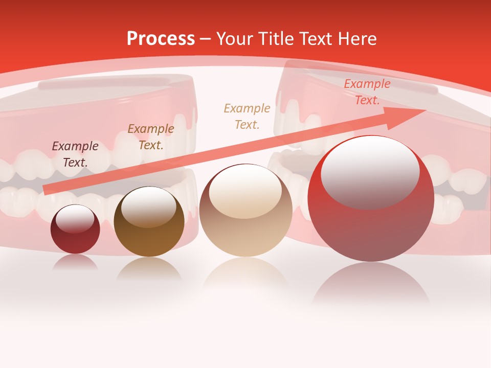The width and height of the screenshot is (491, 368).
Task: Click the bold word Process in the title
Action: click(161, 39)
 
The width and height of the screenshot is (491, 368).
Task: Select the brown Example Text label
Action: click(151, 137)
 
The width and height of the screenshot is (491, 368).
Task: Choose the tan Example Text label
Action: click(247, 116)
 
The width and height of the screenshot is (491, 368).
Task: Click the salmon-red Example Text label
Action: click(367, 92)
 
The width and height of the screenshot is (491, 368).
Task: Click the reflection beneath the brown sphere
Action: click(149, 268)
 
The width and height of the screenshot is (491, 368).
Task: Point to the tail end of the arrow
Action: click(47, 190)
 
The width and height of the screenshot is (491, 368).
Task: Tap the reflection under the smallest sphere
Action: click(75, 262)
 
